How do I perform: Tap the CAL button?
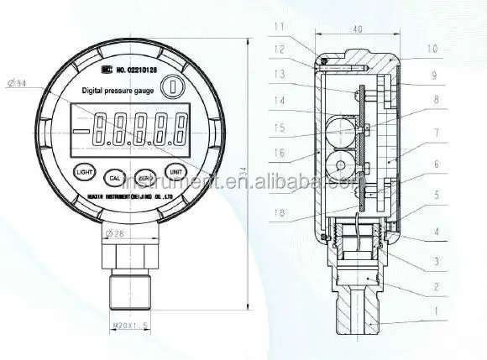pyautogui.click(x=115, y=177)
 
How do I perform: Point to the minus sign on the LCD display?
pyautogui.click(x=81, y=130)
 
